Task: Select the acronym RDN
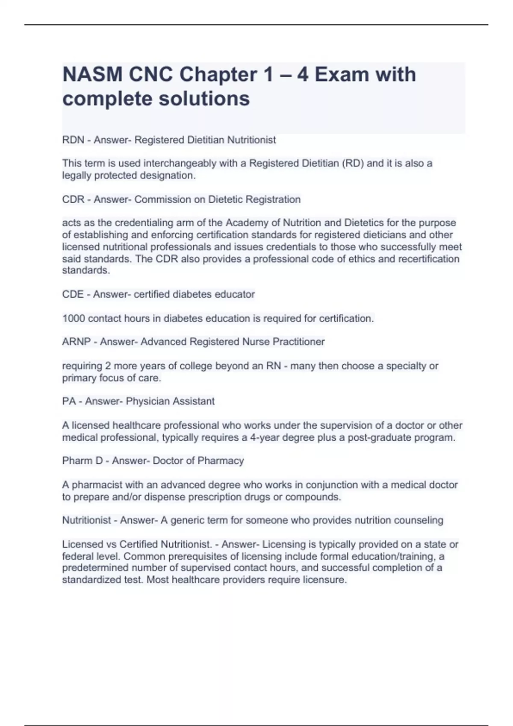coord(73,140)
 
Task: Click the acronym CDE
coord(73,294)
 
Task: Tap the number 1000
coord(74,318)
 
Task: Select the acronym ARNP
coord(76,342)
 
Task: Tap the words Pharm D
coord(81,461)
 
